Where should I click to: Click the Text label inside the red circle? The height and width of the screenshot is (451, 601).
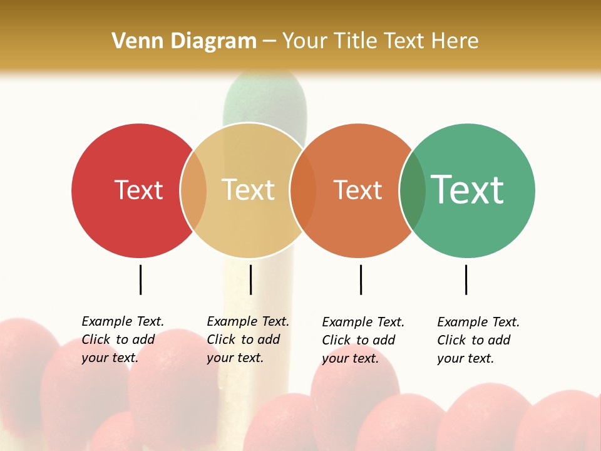(x=138, y=190)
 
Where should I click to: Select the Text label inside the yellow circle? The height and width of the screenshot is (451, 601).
(x=248, y=190)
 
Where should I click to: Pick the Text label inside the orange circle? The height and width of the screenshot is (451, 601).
(x=357, y=190)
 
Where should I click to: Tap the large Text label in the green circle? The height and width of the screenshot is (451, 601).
(x=468, y=190)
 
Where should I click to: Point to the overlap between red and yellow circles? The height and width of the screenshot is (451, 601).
(x=193, y=190)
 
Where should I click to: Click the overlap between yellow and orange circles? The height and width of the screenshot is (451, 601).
(x=303, y=190)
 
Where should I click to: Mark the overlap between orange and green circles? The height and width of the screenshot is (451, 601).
(x=413, y=190)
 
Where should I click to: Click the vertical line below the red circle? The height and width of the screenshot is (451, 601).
(x=141, y=279)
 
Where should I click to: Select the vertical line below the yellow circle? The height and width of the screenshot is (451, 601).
(x=250, y=279)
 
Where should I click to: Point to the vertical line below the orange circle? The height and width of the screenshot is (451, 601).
(x=361, y=279)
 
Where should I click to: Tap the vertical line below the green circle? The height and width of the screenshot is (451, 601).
(x=466, y=279)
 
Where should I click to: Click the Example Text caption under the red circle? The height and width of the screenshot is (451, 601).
(x=123, y=340)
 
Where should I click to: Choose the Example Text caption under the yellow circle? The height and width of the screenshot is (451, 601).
(x=248, y=340)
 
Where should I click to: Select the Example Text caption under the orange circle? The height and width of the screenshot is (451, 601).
(x=363, y=340)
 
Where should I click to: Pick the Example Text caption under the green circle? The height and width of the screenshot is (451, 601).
(x=478, y=340)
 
